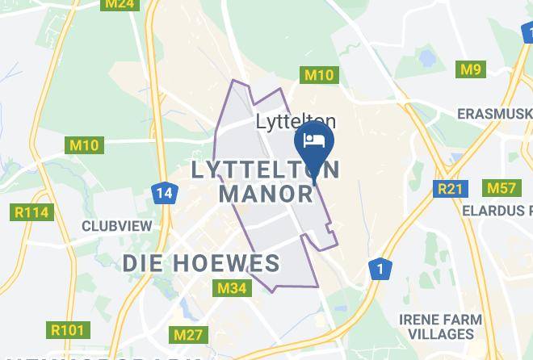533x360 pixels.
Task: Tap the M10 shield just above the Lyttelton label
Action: pos(319,75)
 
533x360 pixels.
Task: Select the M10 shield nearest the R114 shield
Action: pos(83,146)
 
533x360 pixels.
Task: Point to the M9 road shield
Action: pos(471,69)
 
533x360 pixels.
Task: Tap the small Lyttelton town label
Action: pos(296,123)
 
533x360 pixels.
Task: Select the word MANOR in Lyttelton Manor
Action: pos(266,195)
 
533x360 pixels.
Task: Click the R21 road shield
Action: pos(450,189)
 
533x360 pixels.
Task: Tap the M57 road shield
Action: pos(501,188)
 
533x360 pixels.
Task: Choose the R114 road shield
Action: pos(32,213)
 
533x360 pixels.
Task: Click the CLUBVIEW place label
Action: pos(115,226)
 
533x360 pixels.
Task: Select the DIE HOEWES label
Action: pos(201,263)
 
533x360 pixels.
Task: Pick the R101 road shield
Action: pos(67,330)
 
